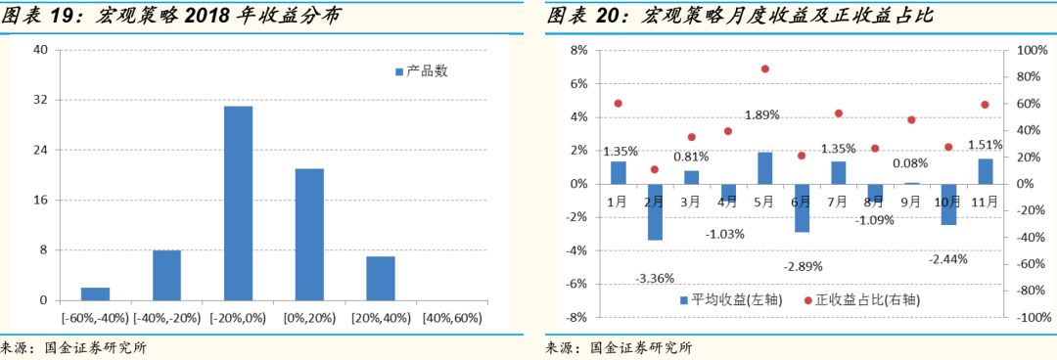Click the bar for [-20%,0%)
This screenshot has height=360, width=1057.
pyautogui.click(x=238, y=202)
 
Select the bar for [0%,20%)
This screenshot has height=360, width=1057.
pyautogui.click(x=309, y=234)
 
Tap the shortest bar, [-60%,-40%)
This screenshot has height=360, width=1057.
pyautogui.click(x=95, y=293)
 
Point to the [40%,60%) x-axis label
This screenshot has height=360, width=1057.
pyautogui.click(x=451, y=318)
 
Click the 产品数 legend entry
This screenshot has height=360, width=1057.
pyautogui.click(x=420, y=71)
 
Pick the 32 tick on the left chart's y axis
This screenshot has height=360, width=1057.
pyautogui.click(x=40, y=100)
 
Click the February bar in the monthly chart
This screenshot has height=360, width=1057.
pyautogui.click(x=655, y=211)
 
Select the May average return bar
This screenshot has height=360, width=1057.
pyautogui.click(x=764, y=167)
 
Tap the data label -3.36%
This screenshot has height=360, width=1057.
pyautogui.click(x=655, y=278)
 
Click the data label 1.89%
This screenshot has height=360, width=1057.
pyautogui.click(x=761, y=114)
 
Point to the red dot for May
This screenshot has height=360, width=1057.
pyautogui.click(x=764, y=68)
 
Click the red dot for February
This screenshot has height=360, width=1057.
pyautogui.click(x=655, y=169)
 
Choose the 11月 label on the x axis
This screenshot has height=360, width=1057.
pyautogui.click(x=985, y=202)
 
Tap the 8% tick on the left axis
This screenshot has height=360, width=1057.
pyautogui.click(x=577, y=50)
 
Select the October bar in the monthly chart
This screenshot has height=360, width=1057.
pyautogui.click(x=947, y=204)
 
